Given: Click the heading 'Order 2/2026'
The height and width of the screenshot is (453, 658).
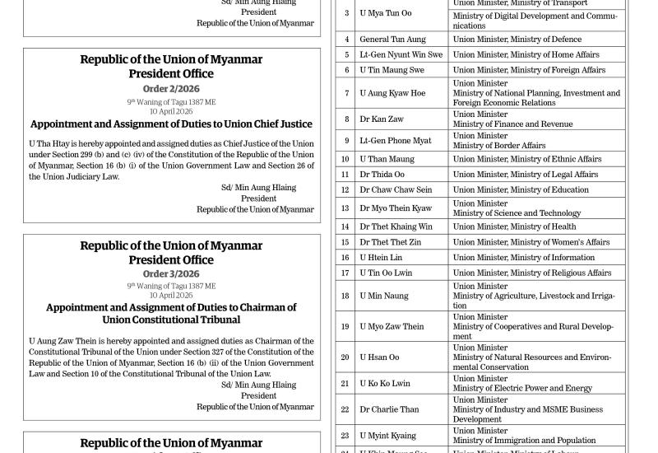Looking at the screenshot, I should [171, 88].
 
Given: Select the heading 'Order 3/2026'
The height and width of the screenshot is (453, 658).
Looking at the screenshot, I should [171, 274].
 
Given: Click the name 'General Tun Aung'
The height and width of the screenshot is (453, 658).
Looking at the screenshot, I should [392, 39].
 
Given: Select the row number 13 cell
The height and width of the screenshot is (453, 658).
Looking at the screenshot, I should [345, 208].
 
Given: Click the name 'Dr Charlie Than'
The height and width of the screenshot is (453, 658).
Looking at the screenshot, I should [389, 409].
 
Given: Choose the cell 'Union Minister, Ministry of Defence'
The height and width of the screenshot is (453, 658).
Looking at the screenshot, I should [517, 39].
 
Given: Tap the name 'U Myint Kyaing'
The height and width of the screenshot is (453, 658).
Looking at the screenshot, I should [387, 436].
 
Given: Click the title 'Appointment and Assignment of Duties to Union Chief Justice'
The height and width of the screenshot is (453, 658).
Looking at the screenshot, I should [171, 124].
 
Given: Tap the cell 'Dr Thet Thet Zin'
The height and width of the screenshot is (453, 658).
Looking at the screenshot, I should [390, 242].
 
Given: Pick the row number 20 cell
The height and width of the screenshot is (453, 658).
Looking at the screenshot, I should [345, 357].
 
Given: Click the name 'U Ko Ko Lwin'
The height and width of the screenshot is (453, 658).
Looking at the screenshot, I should [384, 384].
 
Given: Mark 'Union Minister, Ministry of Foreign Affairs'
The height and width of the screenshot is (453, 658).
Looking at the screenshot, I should [528, 70].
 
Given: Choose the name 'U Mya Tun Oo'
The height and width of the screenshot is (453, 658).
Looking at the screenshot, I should [385, 13].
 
